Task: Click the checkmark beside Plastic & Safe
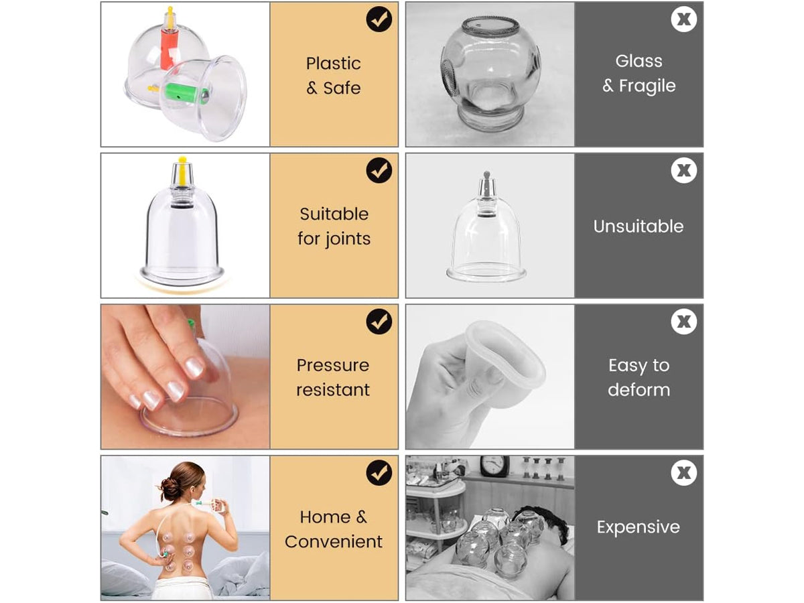point(379,19)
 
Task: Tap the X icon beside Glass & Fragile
point(683,19)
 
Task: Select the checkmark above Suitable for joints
point(379,170)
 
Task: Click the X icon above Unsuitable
point(683,170)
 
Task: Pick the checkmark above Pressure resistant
point(379,322)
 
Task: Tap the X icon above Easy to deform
point(683,322)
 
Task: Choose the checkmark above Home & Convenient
point(379,472)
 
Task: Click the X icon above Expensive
point(683,472)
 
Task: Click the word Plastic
point(333,64)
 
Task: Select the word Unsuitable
point(639,226)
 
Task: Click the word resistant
point(333,390)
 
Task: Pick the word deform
point(639,389)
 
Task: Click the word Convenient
point(334,541)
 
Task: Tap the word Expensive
point(639,527)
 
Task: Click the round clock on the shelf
point(494,466)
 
